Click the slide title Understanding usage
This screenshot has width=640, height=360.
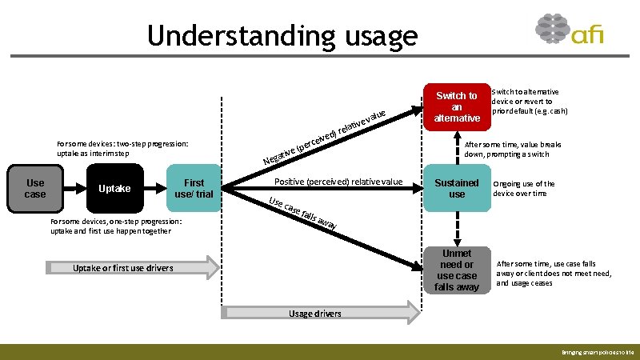pos(282,36)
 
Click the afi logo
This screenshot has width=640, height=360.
pos(569,33)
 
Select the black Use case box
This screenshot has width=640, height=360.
pos(35,188)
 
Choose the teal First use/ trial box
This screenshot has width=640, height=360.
pos(194,188)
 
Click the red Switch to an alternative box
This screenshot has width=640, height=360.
pos(457,106)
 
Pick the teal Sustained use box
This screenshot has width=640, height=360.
pos(457,188)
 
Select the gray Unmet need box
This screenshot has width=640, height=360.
pos(457,270)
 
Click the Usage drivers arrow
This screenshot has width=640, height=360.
pos(320,313)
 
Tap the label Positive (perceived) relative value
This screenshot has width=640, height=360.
pos(338,182)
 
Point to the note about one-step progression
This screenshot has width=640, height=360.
pos(116,226)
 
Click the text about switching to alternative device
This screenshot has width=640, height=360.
pos(530,102)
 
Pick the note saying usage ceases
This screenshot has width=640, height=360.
pos(554,273)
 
